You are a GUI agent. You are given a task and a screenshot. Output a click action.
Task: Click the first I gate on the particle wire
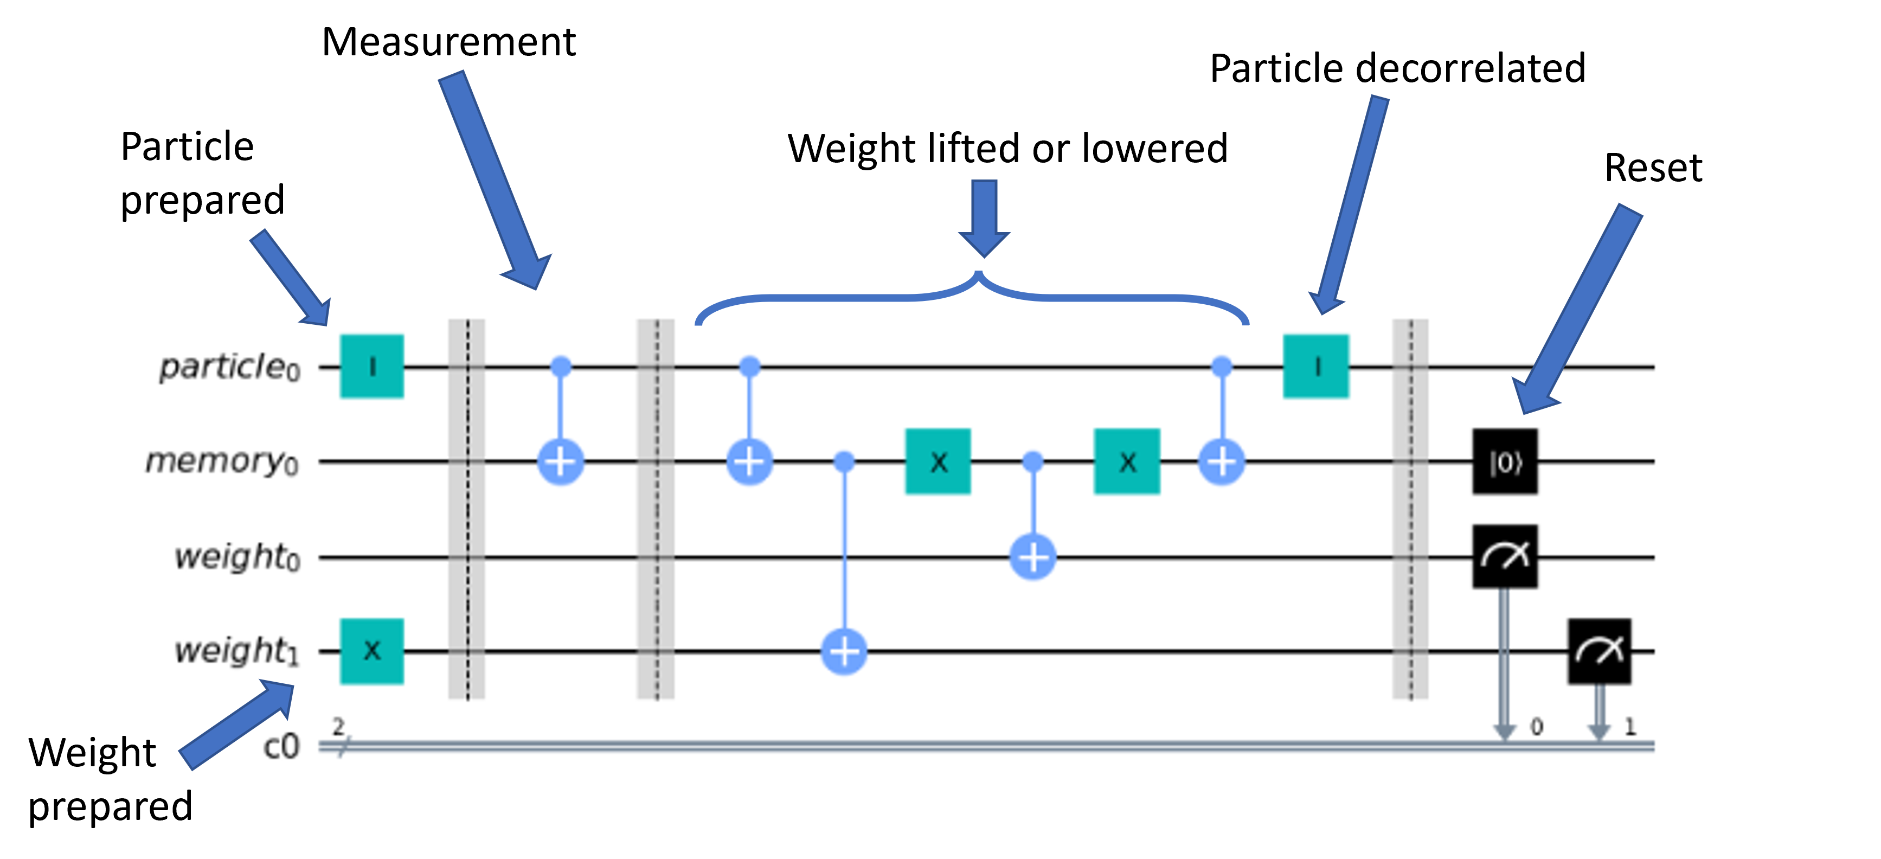pyautogui.click(x=371, y=366)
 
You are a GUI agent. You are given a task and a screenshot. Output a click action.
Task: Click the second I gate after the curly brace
pyautogui.click(x=1316, y=366)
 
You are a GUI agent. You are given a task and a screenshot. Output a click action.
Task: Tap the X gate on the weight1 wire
pyautogui.click(x=371, y=651)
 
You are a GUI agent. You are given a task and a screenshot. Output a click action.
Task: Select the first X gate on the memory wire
pyautogui.click(x=938, y=461)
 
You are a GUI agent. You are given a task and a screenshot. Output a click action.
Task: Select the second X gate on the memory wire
pyautogui.click(x=1127, y=461)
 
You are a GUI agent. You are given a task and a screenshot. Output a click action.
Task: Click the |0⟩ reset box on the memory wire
pyautogui.click(x=1505, y=461)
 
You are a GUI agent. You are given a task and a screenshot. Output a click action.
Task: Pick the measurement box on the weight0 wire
pyautogui.click(x=1505, y=556)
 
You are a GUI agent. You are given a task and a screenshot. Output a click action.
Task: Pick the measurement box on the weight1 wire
pyautogui.click(x=1599, y=651)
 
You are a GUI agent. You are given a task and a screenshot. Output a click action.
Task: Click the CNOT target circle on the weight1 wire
pyautogui.click(x=844, y=651)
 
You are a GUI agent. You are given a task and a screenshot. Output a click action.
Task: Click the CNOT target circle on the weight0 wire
pyautogui.click(x=1032, y=556)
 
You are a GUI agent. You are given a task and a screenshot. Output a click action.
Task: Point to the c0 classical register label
pyautogui.click(x=281, y=747)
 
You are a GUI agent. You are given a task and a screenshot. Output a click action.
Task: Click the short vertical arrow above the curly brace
pyautogui.click(x=984, y=215)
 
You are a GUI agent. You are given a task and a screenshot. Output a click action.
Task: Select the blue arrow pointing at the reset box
pyautogui.click(x=1577, y=307)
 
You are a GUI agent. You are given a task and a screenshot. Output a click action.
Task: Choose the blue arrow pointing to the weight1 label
pyautogui.click(x=237, y=723)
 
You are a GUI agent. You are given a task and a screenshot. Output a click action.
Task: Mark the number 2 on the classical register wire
pyautogui.click(x=337, y=727)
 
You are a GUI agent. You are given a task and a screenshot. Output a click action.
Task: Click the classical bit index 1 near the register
pyautogui.click(x=1630, y=727)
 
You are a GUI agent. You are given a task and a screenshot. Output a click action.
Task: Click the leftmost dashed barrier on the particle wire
pyautogui.click(x=466, y=366)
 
